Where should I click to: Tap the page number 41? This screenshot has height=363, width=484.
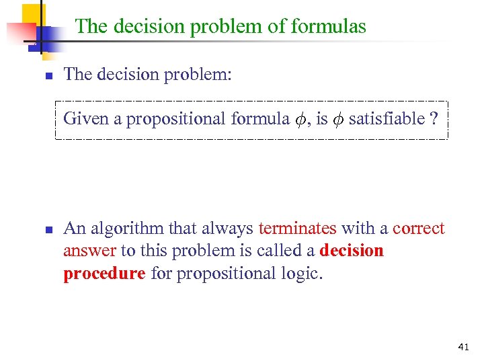(x=462, y=347)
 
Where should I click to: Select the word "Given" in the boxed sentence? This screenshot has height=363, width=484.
(x=86, y=119)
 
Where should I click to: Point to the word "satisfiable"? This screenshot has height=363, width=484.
(x=387, y=119)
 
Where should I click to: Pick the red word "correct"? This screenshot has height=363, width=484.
(x=419, y=229)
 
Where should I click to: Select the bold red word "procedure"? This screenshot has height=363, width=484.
(x=104, y=274)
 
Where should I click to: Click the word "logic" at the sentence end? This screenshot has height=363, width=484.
(x=304, y=274)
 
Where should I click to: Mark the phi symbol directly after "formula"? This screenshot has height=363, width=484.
(x=301, y=120)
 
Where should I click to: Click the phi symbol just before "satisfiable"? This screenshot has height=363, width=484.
(x=338, y=120)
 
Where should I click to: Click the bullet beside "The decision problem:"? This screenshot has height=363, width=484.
(x=48, y=75)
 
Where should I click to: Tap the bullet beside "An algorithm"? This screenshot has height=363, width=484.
(x=48, y=230)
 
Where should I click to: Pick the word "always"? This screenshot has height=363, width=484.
(x=229, y=229)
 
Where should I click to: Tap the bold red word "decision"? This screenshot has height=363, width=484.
(x=352, y=251)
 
